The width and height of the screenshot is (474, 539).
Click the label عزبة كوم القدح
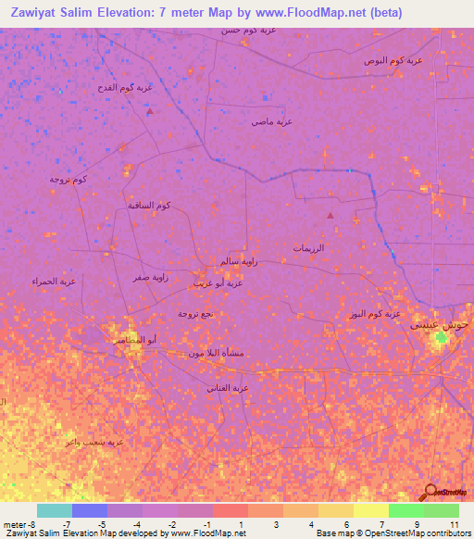pyautogui.click(x=131, y=88)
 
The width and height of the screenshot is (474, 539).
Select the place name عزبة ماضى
pyautogui.click(x=272, y=121)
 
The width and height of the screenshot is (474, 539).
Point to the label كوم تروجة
pyautogui.click(x=69, y=179)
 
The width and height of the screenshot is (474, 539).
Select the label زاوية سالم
pyautogui.click(x=238, y=263)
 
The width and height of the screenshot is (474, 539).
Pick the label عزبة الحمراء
pyautogui.click(x=53, y=281)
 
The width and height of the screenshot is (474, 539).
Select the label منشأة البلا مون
pyautogui.click(x=216, y=353)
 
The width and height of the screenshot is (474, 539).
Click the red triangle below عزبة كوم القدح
pyautogui.click(x=150, y=110)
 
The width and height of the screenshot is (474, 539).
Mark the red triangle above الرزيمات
pyautogui.click(x=331, y=216)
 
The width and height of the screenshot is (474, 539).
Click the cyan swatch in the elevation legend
pyautogui.click(x=55, y=510)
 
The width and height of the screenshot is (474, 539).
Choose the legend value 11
pyautogui.click(x=454, y=524)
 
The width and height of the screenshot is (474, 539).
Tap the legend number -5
pyautogui.click(x=101, y=524)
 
